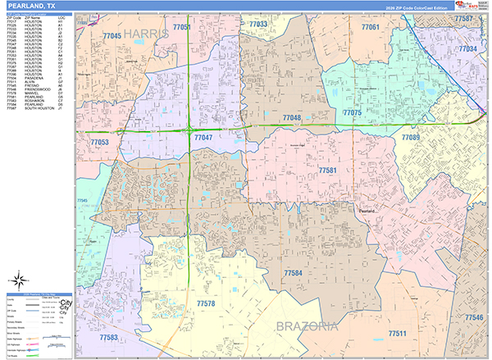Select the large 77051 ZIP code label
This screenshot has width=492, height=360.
tap(182, 28)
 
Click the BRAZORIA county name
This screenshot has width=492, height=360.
tap(307, 326)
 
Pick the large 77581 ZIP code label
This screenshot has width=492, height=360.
tap(328, 171)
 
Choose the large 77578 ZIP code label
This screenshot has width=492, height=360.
tap(206, 303)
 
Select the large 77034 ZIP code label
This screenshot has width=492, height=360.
tap(467, 49)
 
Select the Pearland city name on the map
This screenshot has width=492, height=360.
tap(366, 211)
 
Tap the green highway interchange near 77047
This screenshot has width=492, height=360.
tap(189, 130)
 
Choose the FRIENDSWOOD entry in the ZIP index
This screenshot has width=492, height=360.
tap(32, 85)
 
